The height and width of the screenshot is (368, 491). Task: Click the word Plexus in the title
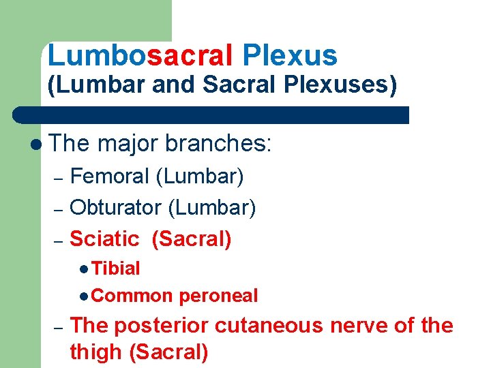(289, 56)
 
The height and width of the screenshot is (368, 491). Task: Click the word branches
(218, 143)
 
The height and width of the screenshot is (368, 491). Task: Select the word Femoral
(109, 177)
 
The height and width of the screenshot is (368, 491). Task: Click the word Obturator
(116, 208)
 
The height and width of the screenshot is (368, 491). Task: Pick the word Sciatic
(104, 239)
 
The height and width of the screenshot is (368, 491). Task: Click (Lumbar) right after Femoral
(200, 177)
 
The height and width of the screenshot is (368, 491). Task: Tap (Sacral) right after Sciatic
(192, 239)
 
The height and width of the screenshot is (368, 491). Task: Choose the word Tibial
(116, 269)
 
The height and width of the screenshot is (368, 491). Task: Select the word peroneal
(218, 296)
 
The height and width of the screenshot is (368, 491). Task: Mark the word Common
(132, 296)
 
